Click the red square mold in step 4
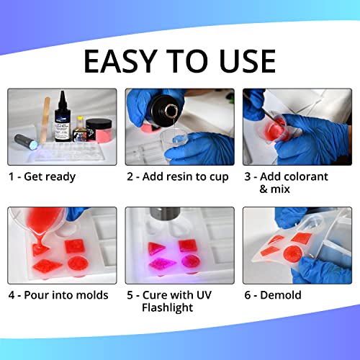coord(75,246)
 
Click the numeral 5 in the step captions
coord(130,294)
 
